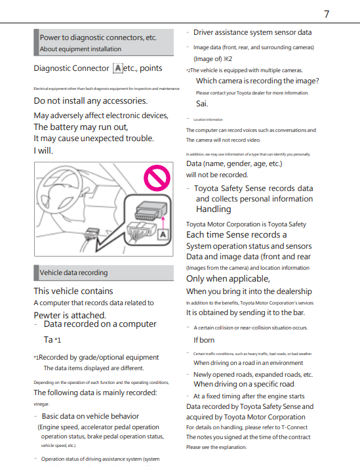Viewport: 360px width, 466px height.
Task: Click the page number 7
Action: [x=327, y=14]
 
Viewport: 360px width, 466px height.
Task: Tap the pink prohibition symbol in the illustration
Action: [x=157, y=178]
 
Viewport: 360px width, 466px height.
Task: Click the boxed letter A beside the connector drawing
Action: [x=163, y=235]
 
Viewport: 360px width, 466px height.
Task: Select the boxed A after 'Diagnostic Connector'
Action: [x=118, y=68]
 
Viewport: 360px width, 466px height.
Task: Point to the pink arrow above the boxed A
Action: [x=163, y=222]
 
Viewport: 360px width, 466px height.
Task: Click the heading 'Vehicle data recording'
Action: [x=73, y=272]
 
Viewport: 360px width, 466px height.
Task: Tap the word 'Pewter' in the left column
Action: [x=47, y=315]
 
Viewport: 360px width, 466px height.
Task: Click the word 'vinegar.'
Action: [x=41, y=404]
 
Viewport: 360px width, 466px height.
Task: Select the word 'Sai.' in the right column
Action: [x=202, y=104]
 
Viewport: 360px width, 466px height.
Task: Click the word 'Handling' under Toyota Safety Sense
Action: [x=214, y=209]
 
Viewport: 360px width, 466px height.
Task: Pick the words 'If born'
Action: [x=204, y=340]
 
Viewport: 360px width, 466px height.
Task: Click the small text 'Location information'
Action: [x=208, y=119]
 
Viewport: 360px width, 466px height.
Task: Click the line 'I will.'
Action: [x=43, y=151]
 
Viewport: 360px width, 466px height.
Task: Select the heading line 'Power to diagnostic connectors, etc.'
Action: [x=98, y=37]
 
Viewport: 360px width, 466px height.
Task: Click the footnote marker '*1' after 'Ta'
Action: [x=58, y=340]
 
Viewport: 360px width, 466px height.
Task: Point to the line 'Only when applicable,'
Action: [x=228, y=279]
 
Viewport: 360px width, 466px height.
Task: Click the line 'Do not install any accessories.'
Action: [x=90, y=101]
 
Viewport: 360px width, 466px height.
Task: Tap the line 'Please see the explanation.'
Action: [x=216, y=447]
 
